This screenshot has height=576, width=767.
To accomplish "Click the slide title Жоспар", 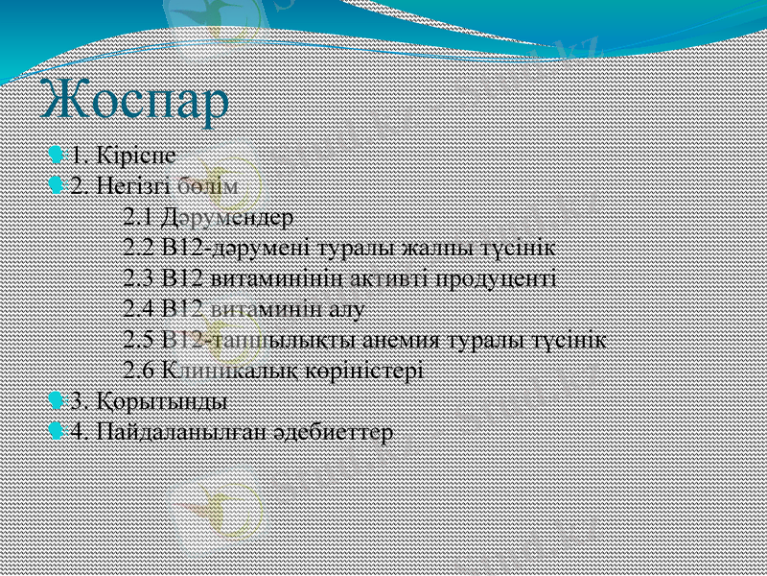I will tap(135, 101).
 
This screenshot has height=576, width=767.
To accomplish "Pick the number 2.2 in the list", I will tap(140, 247).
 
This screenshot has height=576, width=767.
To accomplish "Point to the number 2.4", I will tap(140, 308).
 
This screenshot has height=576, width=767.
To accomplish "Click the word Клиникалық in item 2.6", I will tap(222, 370).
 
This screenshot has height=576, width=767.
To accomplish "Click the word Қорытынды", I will tap(159, 400).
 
